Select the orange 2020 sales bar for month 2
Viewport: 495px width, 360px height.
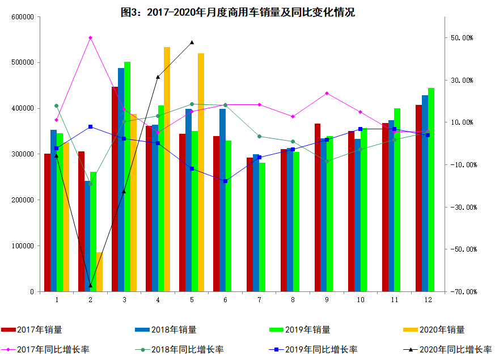(x=99, y=272)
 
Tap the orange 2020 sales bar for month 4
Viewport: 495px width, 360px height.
(x=167, y=170)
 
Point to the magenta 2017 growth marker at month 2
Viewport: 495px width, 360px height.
(x=90, y=38)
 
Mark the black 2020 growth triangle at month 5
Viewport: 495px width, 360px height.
(x=192, y=42)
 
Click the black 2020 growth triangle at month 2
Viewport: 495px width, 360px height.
(x=90, y=285)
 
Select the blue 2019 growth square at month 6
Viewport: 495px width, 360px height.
(x=225, y=181)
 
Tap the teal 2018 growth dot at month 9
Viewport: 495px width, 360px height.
(x=327, y=161)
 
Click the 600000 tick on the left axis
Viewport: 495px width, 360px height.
(x=22, y=17)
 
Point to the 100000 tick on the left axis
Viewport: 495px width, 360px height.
(x=22, y=246)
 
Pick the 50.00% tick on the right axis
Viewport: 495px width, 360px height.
(x=462, y=38)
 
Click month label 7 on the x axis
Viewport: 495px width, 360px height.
(x=259, y=299)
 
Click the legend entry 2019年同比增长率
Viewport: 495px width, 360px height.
(x=321, y=349)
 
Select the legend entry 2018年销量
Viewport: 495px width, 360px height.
(x=174, y=329)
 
